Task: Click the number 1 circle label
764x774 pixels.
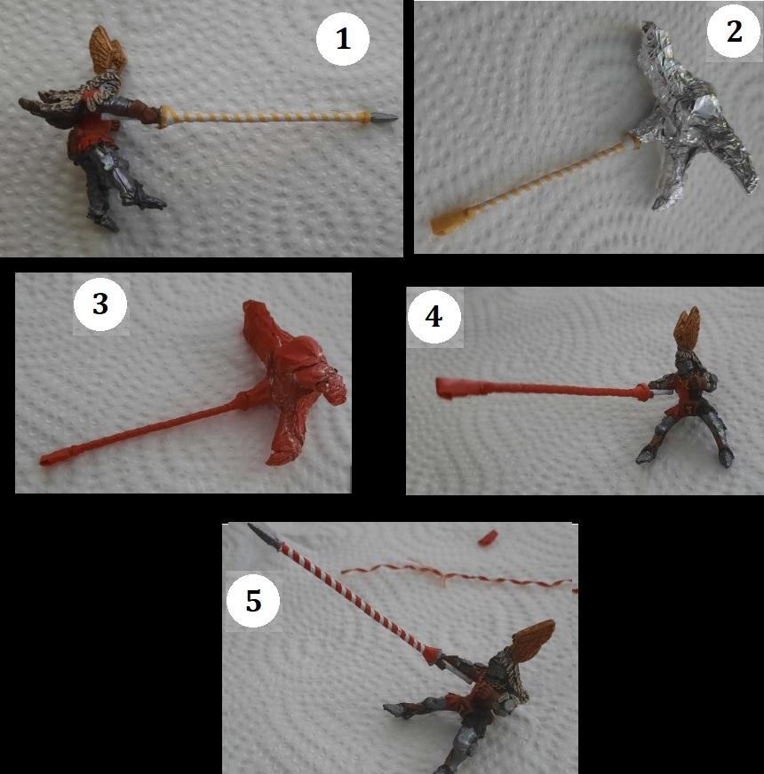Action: click(342, 38)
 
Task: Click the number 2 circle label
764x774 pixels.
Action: click(734, 32)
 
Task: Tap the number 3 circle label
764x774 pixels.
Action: click(100, 304)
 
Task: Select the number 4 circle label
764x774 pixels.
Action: click(434, 316)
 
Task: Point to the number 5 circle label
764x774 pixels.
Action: click(253, 601)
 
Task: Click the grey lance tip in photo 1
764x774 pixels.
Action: click(384, 118)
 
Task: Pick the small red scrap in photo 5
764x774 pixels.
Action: click(488, 538)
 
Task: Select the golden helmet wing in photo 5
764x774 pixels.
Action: click(533, 643)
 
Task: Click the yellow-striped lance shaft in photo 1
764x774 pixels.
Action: click(265, 117)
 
